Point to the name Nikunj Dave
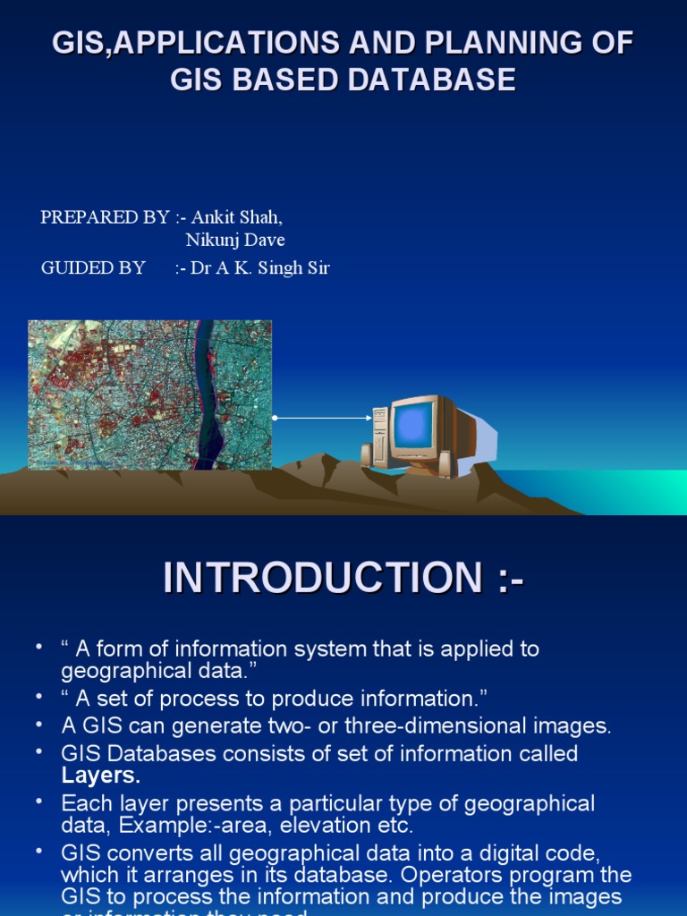point(235,240)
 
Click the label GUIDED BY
point(93,267)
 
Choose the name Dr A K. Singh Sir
point(259,267)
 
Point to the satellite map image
point(149,394)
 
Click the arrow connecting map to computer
point(322,418)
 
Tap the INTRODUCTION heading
point(343,578)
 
